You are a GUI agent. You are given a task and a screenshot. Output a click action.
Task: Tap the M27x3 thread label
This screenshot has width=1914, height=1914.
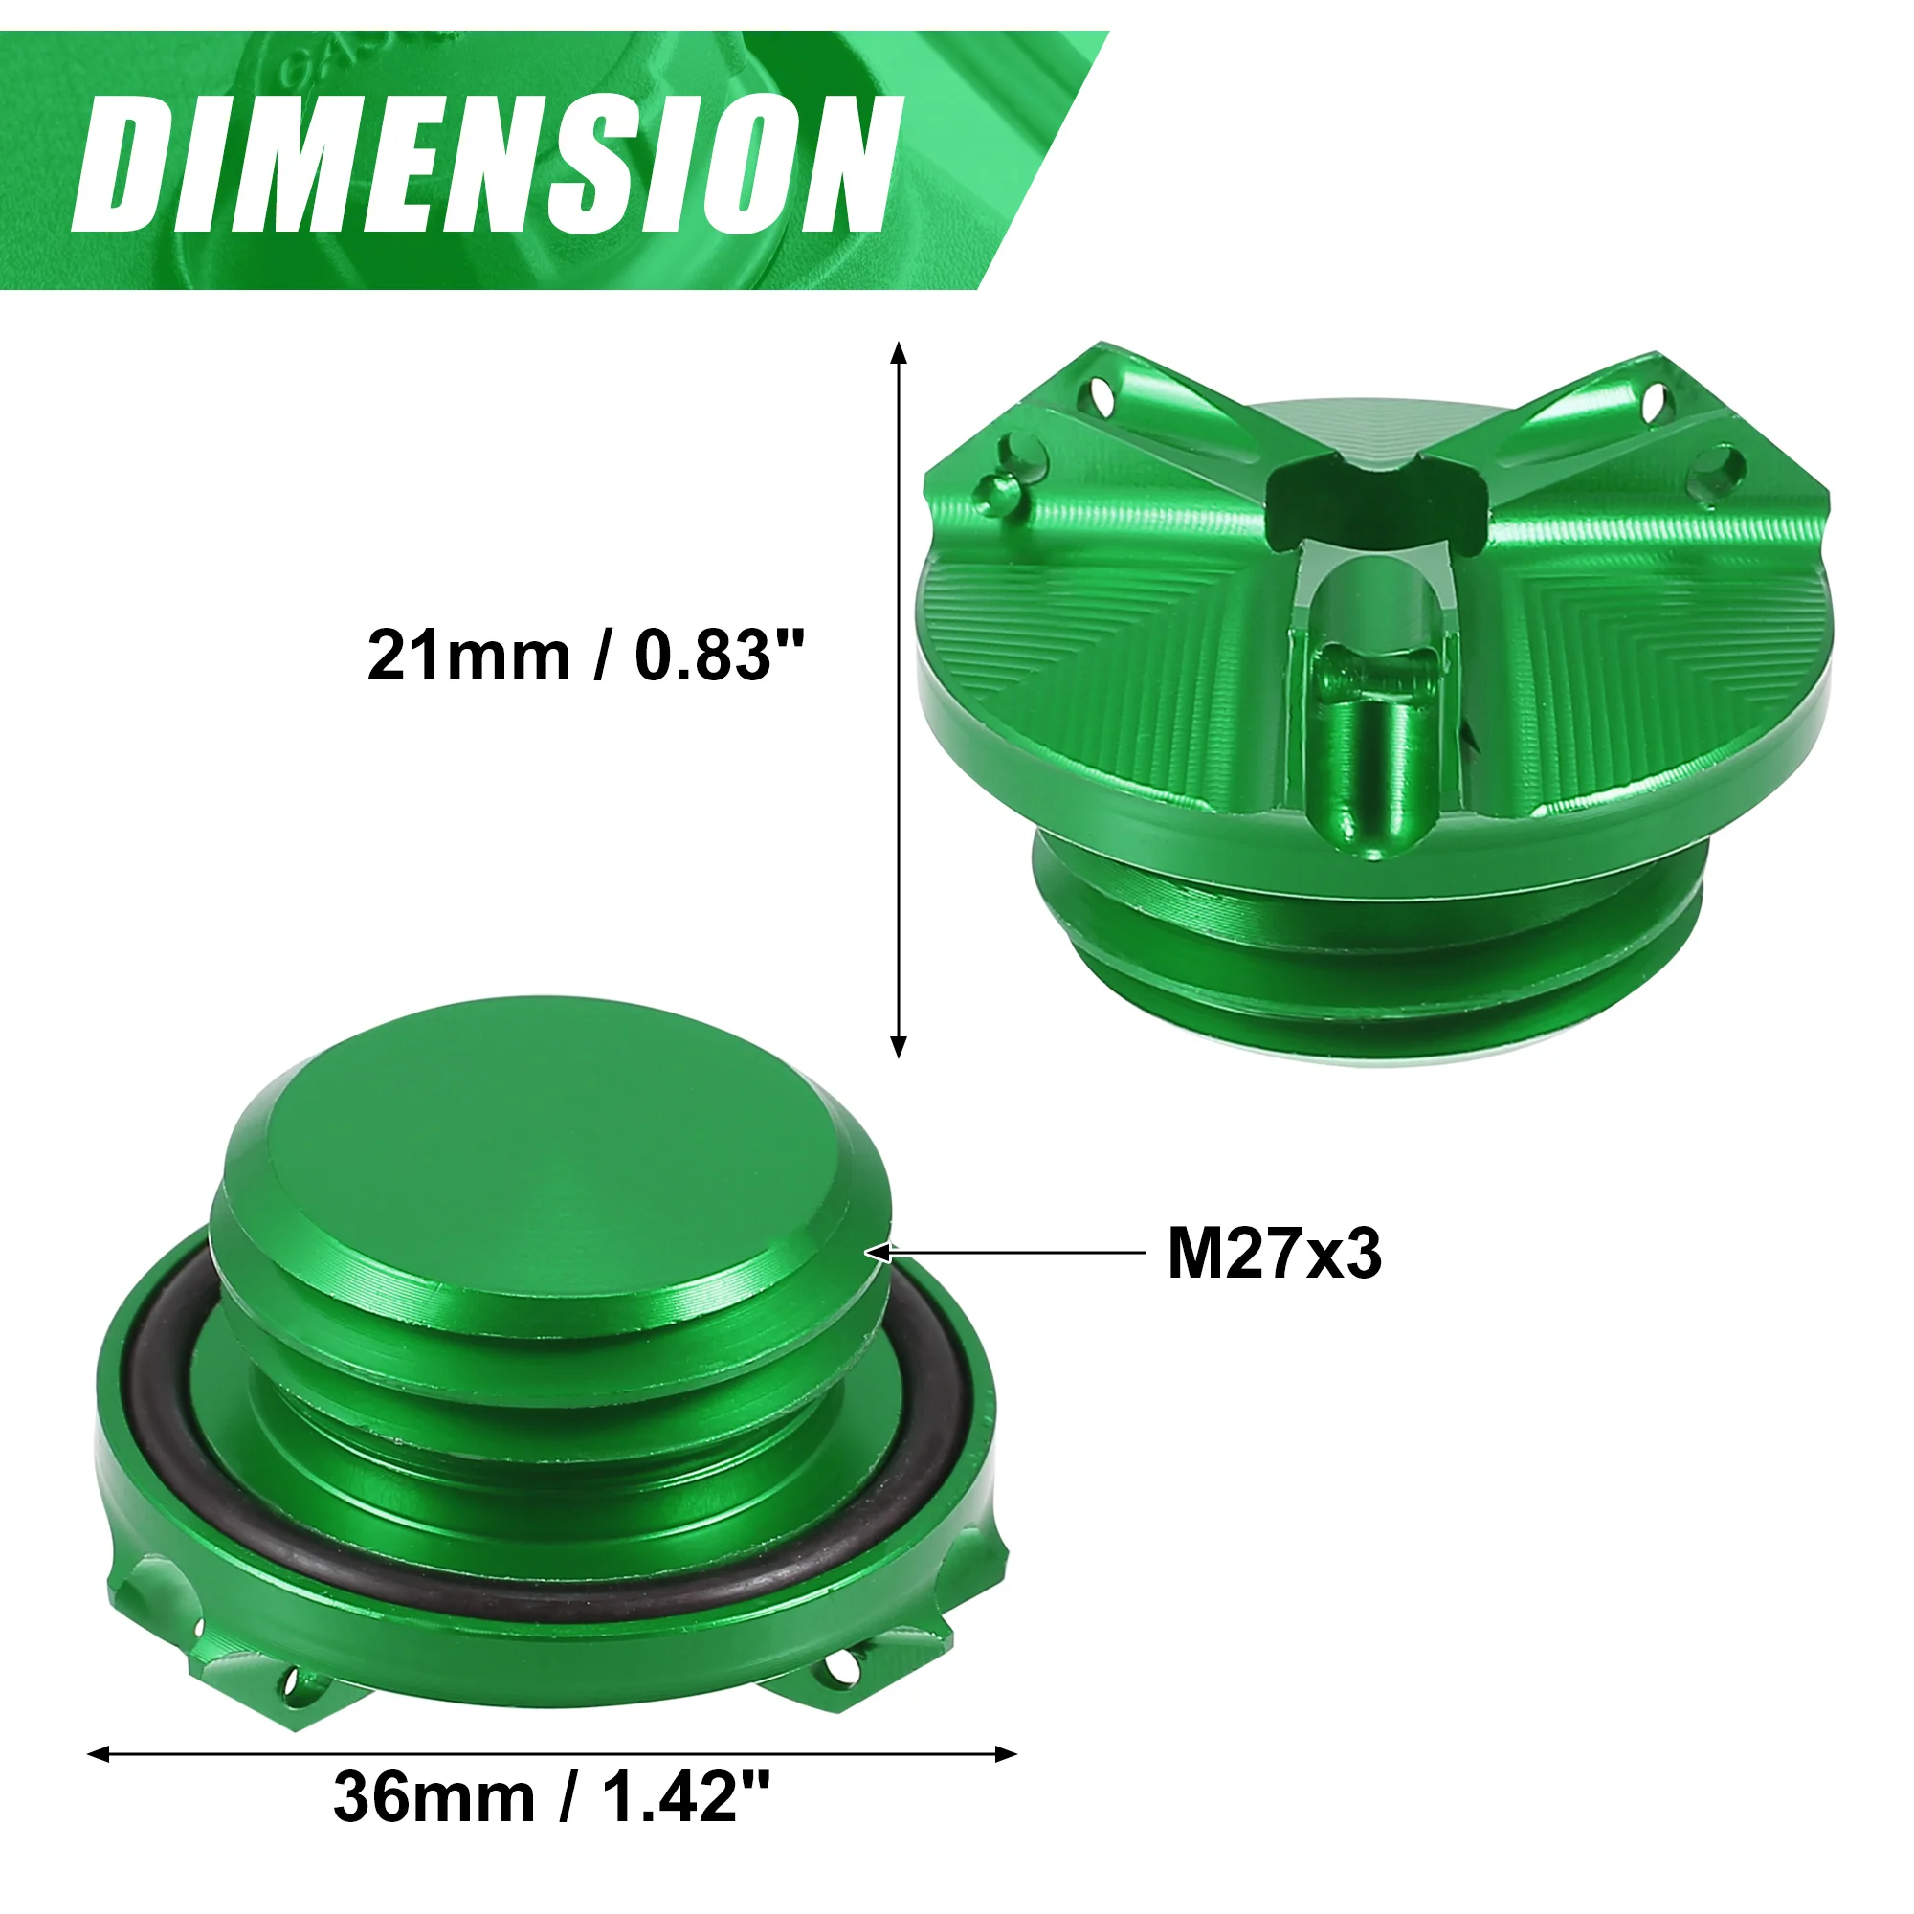1274,1255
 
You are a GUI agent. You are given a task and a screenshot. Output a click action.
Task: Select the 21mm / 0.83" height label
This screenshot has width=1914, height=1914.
586,655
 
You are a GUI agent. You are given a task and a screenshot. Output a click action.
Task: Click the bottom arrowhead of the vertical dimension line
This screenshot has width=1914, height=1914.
899,1046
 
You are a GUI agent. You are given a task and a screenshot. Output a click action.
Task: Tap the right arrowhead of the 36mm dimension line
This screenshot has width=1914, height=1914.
1007,1754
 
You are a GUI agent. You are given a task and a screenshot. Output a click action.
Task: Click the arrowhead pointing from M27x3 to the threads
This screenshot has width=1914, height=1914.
880,1254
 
